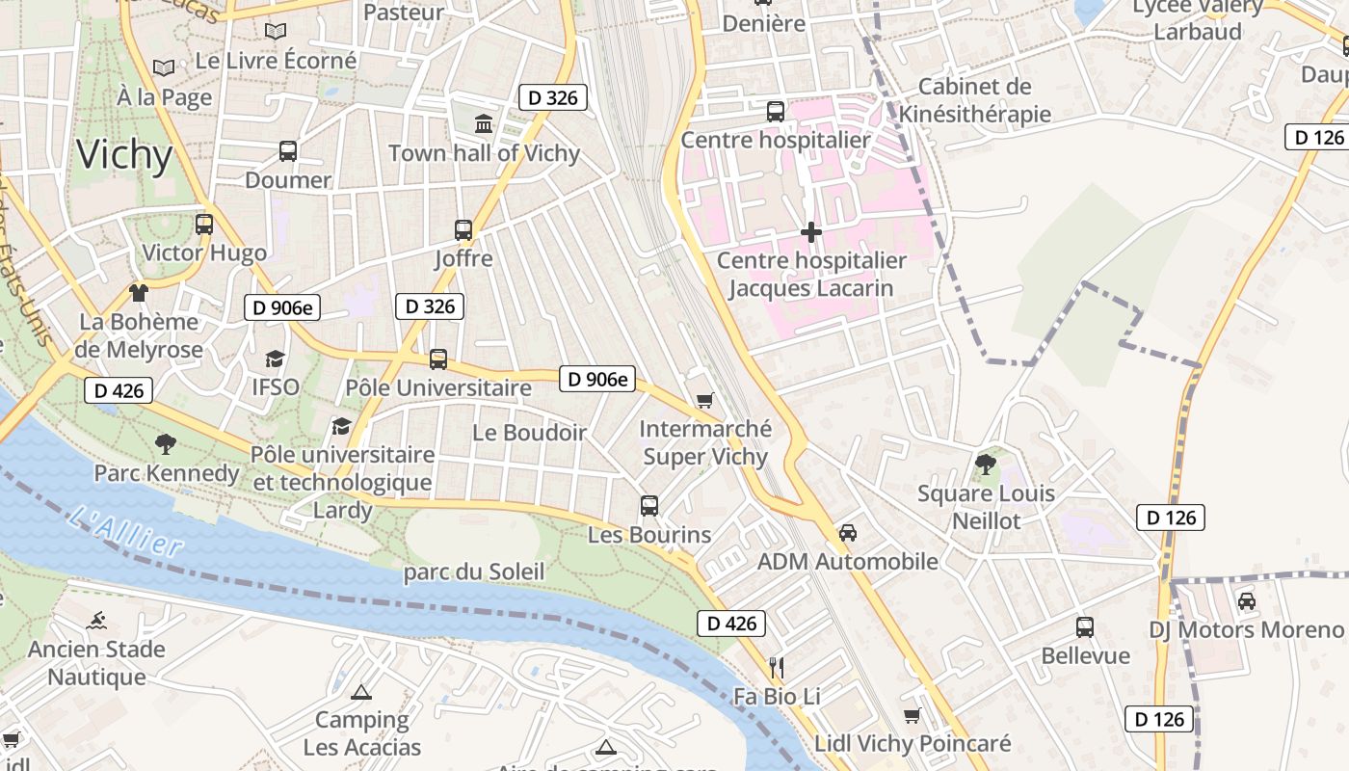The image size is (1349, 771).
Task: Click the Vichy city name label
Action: (x=124, y=155)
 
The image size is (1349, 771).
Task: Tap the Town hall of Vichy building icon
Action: (x=484, y=123)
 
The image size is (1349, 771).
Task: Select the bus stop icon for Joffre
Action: (x=463, y=229)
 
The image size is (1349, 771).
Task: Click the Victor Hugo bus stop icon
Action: (x=204, y=225)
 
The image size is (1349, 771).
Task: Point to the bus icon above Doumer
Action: (x=287, y=150)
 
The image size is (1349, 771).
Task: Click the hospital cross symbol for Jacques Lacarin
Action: (x=811, y=231)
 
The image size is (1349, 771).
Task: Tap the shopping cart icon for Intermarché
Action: (x=705, y=400)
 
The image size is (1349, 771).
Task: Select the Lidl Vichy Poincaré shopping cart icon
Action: (x=912, y=715)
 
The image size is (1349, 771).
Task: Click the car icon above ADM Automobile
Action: (x=848, y=532)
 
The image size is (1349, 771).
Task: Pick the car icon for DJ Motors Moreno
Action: (x=1246, y=601)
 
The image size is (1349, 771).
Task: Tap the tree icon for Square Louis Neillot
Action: (x=985, y=465)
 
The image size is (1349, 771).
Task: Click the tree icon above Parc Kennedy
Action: (x=166, y=443)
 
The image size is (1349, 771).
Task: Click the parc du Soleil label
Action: (x=473, y=572)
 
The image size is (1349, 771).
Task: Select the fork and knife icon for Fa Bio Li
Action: (x=777, y=667)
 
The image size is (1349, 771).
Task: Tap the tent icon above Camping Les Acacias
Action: (x=361, y=691)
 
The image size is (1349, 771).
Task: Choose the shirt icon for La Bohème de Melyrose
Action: (x=139, y=292)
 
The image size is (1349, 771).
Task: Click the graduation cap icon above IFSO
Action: (x=276, y=359)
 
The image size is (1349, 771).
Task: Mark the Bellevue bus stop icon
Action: (x=1085, y=627)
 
